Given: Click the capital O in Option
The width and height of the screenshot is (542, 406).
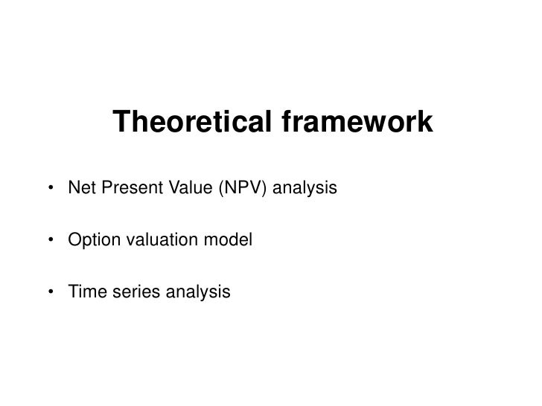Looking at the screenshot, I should (x=74, y=241).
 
